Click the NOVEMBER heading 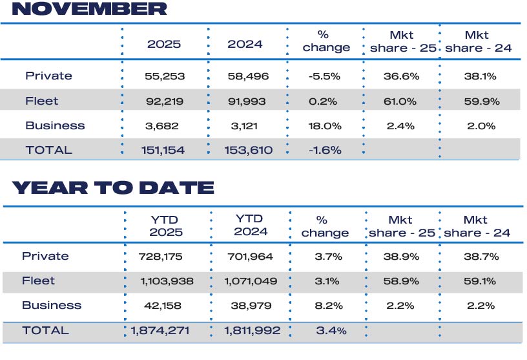click(89, 9)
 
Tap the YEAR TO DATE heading click(113, 188)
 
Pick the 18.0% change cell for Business click(324, 125)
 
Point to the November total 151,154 click(163, 150)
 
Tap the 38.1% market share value click(480, 76)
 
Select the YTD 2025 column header click(165, 226)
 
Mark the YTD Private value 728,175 click(161, 257)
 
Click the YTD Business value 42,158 click(161, 306)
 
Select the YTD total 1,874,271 click(161, 330)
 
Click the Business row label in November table click(55, 125)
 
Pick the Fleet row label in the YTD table click(38, 281)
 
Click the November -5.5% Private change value click(324, 76)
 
